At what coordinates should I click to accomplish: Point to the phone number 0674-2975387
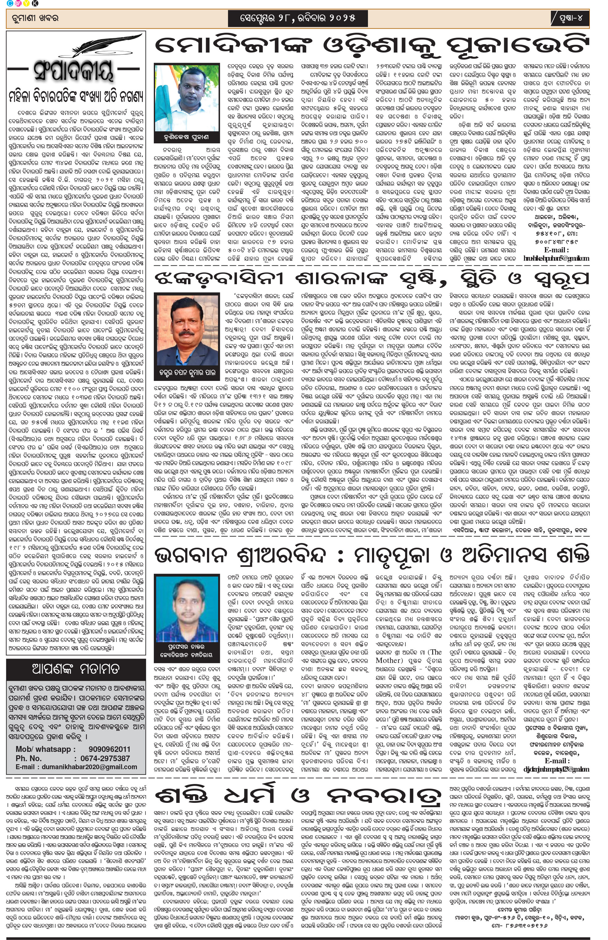tap(105, 758)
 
